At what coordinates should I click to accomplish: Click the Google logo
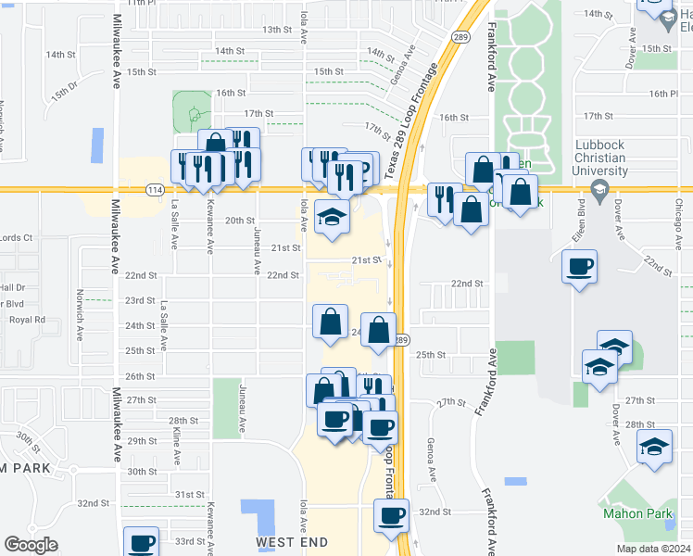coord(31,545)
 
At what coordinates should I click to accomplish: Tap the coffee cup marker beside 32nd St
coord(391,515)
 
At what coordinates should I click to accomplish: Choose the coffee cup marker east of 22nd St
coord(580,268)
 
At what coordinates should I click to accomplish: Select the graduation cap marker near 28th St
coord(654,447)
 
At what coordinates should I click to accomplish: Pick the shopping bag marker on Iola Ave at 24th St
coord(331,322)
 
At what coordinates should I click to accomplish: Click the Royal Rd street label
coord(27,320)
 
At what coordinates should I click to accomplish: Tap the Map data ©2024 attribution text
coord(652,549)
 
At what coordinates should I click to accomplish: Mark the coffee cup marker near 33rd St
coord(142,542)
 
